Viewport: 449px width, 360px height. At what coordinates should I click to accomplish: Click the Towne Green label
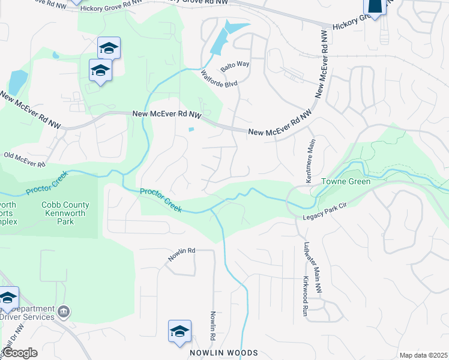(345, 181)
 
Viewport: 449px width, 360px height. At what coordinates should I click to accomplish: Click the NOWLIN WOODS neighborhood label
(224, 353)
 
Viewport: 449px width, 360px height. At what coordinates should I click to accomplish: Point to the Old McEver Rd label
(25, 160)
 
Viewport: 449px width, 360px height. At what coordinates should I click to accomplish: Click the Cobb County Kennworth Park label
(65, 213)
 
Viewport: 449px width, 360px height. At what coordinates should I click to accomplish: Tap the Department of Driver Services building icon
(64, 311)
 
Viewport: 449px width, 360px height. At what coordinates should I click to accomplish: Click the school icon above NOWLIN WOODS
(179, 331)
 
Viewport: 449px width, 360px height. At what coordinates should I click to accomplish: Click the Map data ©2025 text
(423, 355)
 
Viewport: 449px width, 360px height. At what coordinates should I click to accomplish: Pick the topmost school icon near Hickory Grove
(109, 47)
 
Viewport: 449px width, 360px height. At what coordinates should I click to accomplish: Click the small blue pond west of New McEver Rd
(191, 129)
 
